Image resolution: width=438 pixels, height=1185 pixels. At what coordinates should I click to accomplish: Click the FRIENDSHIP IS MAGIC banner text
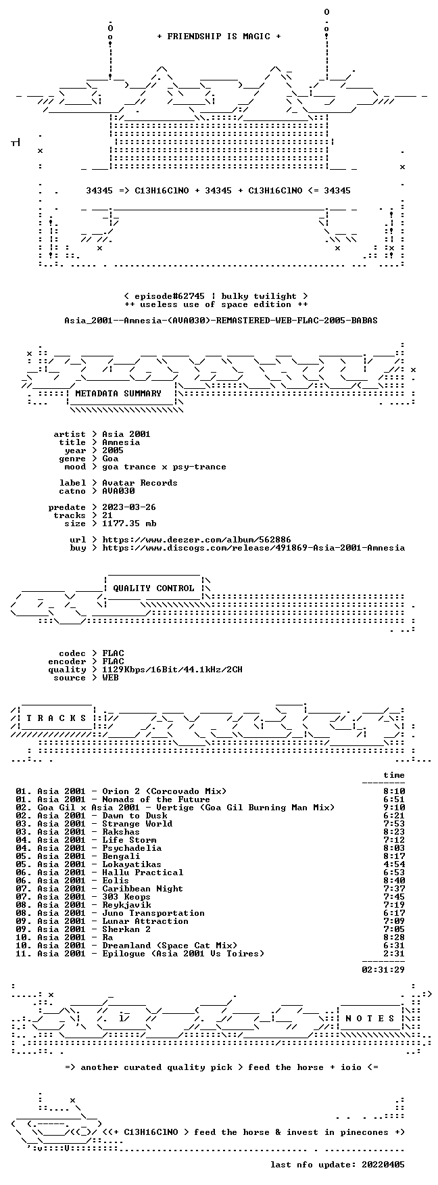(218, 37)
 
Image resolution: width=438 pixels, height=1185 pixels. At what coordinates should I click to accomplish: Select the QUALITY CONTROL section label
(153, 588)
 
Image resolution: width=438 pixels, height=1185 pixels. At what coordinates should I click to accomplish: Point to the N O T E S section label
(370, 1019)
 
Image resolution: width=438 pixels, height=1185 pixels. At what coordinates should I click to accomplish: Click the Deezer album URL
(197, 540)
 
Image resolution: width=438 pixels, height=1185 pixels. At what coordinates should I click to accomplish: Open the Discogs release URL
(253, 548)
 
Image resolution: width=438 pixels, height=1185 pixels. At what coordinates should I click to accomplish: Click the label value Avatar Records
(140, 483)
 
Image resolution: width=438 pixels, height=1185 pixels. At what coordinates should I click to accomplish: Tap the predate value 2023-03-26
(129, 507)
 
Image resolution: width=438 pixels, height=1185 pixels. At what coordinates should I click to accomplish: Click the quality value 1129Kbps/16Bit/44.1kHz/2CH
(172, 670)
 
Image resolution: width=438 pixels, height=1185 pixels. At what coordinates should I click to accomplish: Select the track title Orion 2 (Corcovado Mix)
(164, 791)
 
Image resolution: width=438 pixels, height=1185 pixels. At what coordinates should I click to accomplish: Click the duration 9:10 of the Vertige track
(394, 808)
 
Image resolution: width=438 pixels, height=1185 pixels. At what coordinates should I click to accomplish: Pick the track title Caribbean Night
(143, 889)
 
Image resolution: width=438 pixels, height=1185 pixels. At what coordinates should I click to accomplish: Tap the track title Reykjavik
(126, 905)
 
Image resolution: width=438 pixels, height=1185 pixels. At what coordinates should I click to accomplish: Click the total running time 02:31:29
(383, 970)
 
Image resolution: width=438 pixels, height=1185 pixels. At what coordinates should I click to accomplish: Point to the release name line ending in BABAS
(221, 321)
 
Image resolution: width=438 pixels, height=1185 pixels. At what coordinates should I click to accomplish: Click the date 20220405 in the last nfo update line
(383, 1165)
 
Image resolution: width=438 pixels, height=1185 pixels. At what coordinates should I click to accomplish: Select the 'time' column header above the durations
(394, 775)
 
